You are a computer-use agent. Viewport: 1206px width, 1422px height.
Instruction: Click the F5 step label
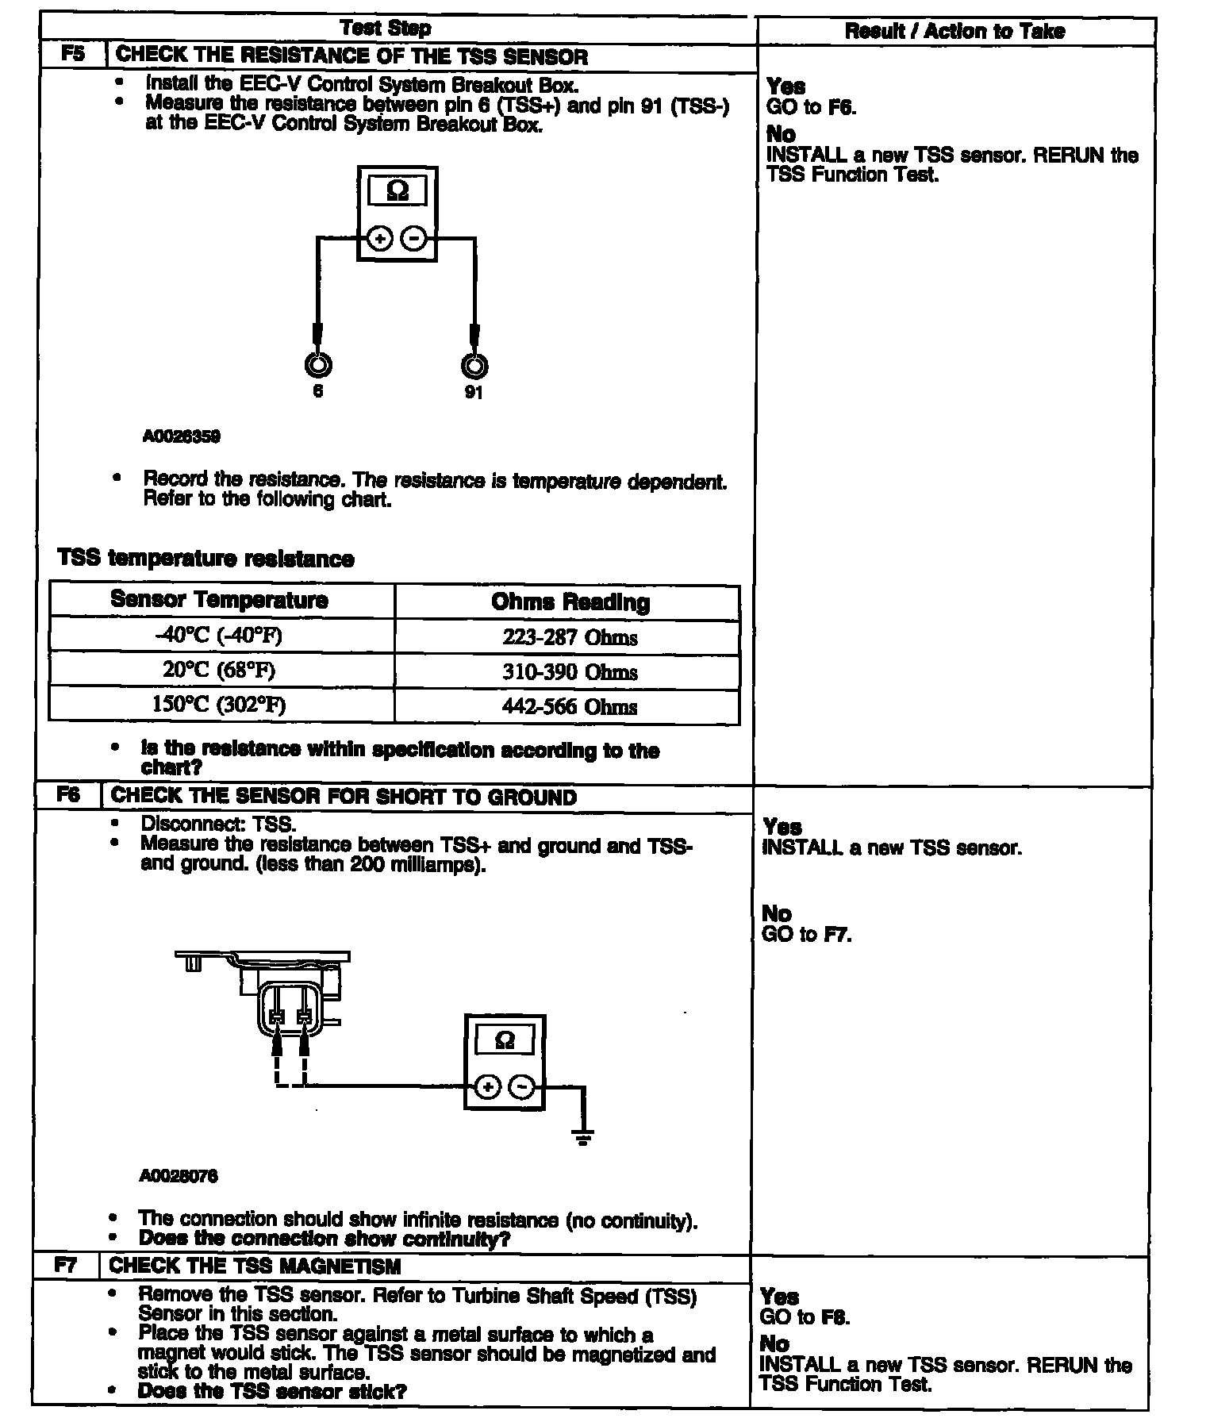pos(72,55)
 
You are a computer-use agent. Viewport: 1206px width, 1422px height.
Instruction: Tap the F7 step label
pos(66,1265)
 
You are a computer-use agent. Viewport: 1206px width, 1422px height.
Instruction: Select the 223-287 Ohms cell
pos(569,637)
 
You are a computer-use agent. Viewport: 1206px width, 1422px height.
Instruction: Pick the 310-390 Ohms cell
pos(569,672)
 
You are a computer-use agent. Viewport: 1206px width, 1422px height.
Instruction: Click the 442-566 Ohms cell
pos(569,706)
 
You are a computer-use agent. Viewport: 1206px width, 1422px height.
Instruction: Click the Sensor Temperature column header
pos(219,600)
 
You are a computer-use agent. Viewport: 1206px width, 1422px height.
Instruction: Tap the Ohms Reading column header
pos(570,602)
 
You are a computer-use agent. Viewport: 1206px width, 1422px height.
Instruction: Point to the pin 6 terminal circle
pos(317,365)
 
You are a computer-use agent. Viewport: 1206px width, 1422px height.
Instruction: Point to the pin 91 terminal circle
pos(474,366)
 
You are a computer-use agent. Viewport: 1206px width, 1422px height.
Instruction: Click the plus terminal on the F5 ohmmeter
pos(380,238)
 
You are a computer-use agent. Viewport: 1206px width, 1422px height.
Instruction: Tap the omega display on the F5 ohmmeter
pos(398,191)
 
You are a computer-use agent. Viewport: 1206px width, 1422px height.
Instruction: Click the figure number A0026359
pos(181,436)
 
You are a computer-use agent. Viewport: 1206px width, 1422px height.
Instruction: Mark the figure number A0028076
pos(178,1176)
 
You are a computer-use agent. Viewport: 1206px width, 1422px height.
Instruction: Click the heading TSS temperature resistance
pos(205,559)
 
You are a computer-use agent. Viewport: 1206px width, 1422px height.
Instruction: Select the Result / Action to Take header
pos(954,31)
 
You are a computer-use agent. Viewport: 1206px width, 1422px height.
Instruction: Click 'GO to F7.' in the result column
pos(806,934)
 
